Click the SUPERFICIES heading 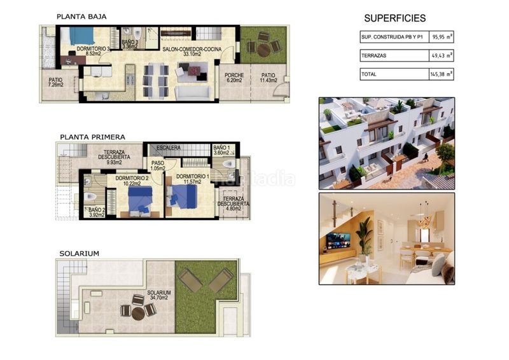(394, 18)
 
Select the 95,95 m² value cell (441, 37)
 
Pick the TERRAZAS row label (374, 55)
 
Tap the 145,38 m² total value (441, 74)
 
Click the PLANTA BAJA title (81, 17)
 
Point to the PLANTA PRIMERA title (92, 137)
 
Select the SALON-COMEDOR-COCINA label (192, 52)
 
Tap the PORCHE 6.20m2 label (234, 78)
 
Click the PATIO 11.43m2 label (268, 78)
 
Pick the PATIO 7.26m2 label (55, 82)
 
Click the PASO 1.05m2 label (158, 165)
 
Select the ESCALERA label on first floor (169, 148)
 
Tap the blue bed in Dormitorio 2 (140, 199)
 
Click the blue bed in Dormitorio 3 (81, 36)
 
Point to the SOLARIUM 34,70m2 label (158, 295)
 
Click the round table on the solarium (138, 314)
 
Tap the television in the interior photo (338, 241)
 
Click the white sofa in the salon (193, 92)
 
